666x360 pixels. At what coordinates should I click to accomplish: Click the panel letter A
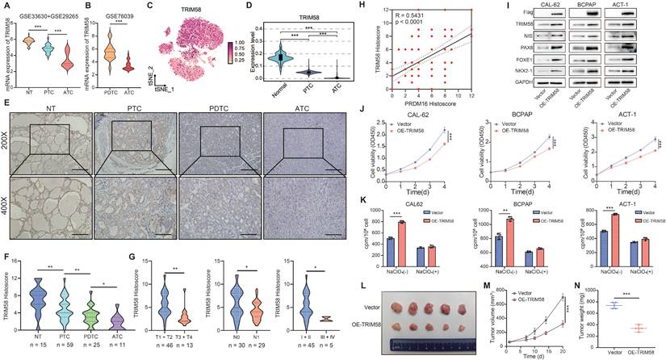6,6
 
